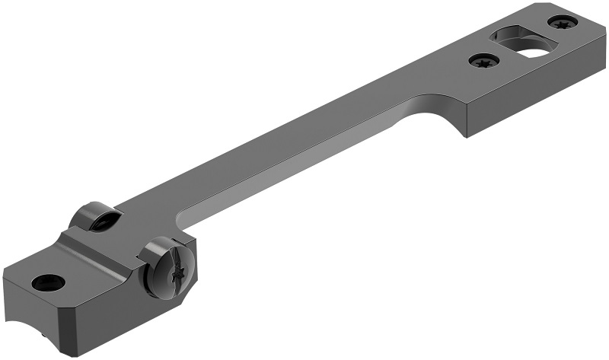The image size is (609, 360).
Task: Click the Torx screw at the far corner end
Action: [563, 24]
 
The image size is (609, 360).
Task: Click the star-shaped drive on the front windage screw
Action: [179, 271]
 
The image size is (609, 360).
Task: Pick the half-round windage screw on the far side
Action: [97, 218]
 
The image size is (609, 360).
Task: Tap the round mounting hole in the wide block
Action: [47, 282]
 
